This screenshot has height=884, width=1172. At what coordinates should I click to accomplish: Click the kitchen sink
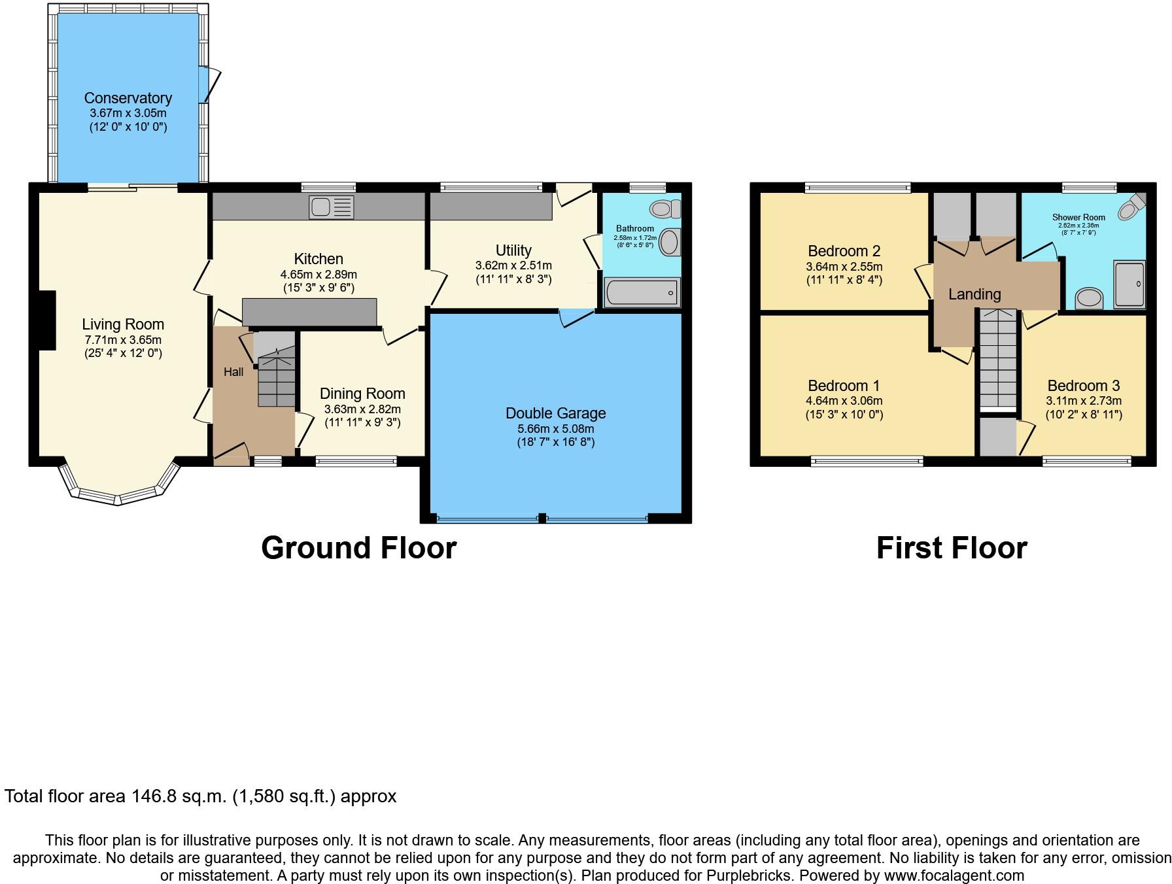point(332,207)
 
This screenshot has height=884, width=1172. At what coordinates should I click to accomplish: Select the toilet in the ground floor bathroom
point(665,209)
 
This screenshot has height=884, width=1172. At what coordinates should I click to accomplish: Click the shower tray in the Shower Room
point(1129,284)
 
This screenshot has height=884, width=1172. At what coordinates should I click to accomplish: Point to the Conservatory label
point(128,98)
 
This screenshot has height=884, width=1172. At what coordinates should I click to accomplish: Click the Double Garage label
point(555,413)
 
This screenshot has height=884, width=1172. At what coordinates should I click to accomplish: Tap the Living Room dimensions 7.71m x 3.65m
point(123,340)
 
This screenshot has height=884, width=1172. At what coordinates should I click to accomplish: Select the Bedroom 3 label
point(1083,386)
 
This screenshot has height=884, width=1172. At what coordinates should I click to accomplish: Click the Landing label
point(974,294)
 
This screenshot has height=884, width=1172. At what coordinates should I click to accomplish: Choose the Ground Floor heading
point(358,548)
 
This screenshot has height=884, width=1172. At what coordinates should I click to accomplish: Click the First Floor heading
point(951,548)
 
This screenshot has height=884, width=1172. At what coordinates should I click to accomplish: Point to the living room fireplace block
point(47,320)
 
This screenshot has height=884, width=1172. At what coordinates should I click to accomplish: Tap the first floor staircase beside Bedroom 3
point(998,360)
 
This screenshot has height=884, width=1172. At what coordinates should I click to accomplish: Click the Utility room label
point(513,250)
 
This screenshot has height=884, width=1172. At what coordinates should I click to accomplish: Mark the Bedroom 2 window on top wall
point(857,188)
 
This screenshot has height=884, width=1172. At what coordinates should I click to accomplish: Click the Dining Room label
point(362,394)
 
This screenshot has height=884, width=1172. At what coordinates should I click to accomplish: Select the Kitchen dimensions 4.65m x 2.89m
point(319,275)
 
